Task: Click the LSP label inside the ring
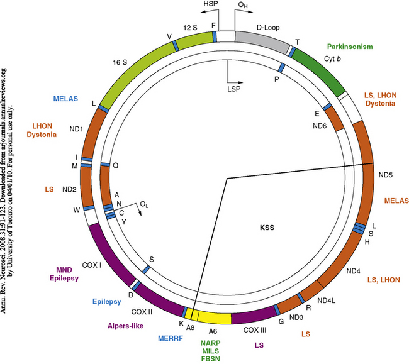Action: coord(233,89)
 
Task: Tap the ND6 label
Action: coord(319,125)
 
